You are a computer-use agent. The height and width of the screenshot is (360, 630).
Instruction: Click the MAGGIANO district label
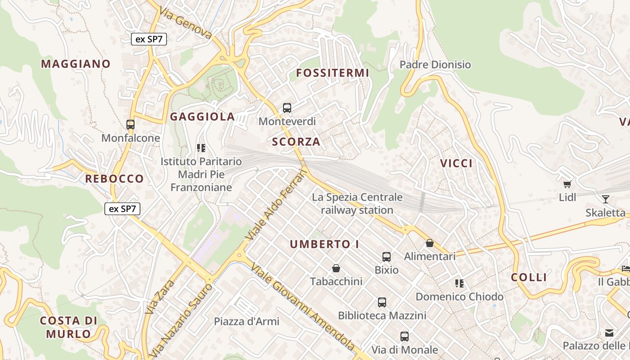coord(76,64)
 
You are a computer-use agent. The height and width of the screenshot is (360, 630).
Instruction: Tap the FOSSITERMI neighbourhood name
coord(333,73)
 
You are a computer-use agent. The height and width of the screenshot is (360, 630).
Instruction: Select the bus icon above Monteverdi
coord(287,108)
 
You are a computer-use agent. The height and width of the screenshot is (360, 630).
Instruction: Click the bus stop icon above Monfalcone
coord(130,125)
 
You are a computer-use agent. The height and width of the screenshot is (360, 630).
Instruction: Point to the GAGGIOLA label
coord(202,117)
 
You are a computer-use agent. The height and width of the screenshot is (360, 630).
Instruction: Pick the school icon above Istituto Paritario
coord(201,148)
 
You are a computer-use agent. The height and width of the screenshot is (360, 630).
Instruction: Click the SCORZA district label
coord(296,142)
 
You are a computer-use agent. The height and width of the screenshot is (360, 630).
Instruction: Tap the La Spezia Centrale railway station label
coord(357,203)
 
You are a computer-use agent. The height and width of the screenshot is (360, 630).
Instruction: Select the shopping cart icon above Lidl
coord(567,184)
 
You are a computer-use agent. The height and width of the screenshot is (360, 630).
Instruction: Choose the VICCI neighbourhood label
coord(457,163)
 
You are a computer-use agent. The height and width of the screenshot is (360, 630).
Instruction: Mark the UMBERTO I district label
coord(324,244)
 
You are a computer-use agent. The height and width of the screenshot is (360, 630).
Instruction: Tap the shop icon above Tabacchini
coord(336,269)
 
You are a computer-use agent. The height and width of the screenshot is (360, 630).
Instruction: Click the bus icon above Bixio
coord(387,257)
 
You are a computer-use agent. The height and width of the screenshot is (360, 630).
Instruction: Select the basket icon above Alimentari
coord(430,243)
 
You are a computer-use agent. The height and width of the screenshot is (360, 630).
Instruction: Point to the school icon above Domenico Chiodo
coord(459,283)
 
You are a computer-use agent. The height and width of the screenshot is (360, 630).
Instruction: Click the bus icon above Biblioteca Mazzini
coord(382,302)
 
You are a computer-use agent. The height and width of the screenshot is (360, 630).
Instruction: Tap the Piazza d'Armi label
coord(247,322)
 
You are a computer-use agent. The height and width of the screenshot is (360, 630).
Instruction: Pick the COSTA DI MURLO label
coord(68,327)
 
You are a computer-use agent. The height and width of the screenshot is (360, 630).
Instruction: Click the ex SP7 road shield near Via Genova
coord(149,39)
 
